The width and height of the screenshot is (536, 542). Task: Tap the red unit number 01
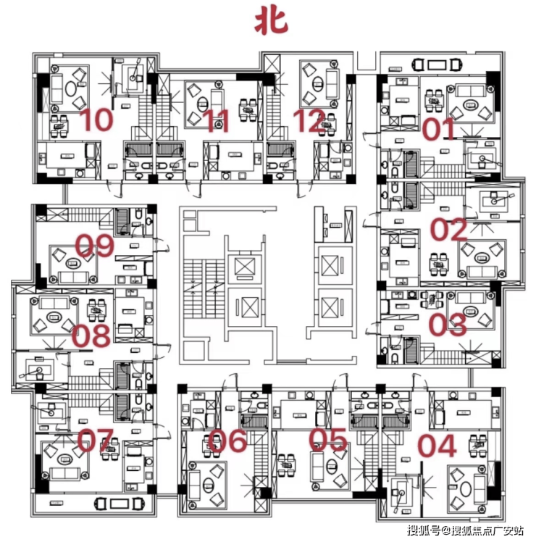tap(440, 129)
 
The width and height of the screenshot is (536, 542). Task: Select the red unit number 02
tap(449, 230)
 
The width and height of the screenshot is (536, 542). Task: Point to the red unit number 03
tap(448, 325)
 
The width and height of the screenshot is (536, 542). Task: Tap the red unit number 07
tap(96, 441)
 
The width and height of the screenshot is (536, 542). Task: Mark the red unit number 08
tap(91, 335)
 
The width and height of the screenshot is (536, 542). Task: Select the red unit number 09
tap(95, 247)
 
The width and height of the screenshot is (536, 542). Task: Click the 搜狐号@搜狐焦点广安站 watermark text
tap(466, 531)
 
